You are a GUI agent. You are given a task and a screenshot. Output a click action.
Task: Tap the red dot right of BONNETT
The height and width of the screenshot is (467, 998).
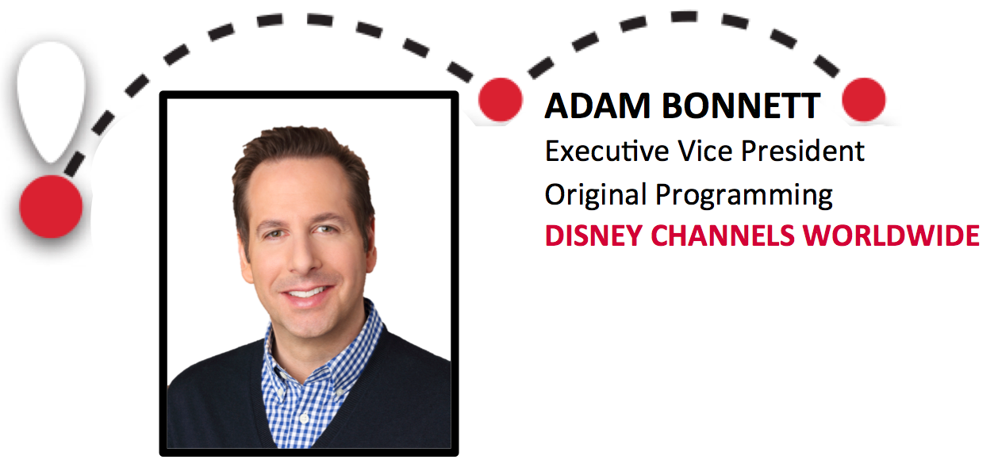tap(863, 101)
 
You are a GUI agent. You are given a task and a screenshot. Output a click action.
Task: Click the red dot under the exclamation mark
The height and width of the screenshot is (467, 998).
tap(51, 205)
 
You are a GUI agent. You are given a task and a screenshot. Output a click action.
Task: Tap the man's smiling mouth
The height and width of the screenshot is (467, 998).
tap(306, 295)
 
